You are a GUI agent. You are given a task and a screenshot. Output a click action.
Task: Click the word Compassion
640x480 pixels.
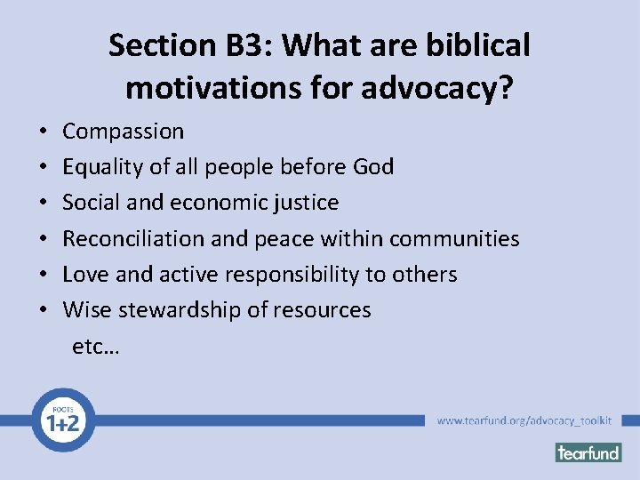point(123,132)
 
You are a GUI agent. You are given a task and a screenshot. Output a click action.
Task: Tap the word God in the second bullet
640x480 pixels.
point(373,167)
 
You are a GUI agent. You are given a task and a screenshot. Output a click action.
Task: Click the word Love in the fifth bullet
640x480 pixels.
point(84,274)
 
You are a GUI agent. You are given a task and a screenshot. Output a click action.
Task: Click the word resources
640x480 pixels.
point(325,310)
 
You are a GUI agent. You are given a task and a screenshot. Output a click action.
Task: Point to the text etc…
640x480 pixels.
point(96,346)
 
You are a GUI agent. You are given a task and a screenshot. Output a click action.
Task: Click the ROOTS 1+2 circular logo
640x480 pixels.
point(61,420)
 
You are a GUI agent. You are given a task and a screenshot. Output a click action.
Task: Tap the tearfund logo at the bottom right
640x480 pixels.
point(588,452)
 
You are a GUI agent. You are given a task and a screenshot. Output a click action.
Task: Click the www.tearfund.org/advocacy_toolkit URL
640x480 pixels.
point(524,420)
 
